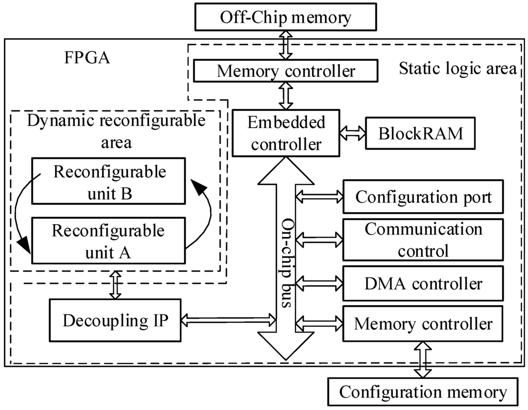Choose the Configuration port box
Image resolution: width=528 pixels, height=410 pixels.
[423, 197]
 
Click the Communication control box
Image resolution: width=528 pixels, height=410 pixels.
[423, 240]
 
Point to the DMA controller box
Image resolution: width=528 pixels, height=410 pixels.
[423, 283]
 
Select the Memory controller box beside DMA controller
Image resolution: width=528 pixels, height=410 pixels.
[423, 324]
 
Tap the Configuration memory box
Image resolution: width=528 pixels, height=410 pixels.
[423, 392]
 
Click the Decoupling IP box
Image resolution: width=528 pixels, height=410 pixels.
[114, 320]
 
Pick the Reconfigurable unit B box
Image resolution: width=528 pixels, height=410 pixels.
[109, 181]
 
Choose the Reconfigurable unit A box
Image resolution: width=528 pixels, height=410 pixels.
[109, 240]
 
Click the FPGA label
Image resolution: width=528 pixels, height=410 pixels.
[86, 57]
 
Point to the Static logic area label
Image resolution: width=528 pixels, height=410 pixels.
[457, 69]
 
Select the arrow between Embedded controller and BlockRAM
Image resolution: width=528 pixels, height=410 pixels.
[353, 133]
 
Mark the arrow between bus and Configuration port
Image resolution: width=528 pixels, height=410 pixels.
[320, 196]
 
